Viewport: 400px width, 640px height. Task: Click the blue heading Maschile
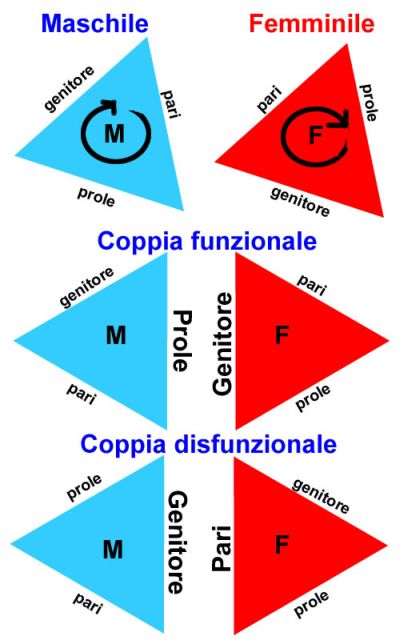click(95, 23)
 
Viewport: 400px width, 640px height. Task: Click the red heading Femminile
click(311, 23)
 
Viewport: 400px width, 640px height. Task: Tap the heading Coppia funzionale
click(207, 242)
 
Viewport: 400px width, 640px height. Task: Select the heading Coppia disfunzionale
click(208, 444)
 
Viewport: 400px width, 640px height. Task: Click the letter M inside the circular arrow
click(114, 133)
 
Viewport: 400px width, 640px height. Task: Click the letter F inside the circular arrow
click(315, 136)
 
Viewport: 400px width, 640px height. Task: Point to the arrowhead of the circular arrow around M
click(111, 105)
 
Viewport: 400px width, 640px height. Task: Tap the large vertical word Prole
click(181, 340)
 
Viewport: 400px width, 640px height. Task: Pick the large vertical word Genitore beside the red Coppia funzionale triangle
click(222, 344)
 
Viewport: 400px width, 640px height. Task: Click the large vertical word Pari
click(222, 548)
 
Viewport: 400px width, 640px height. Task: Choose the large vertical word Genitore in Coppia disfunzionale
click(178, 542)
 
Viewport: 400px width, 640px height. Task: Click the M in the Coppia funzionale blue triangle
click(116, 335)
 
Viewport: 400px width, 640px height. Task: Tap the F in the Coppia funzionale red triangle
click(282, 335)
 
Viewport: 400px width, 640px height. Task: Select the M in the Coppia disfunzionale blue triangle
click(113, 549)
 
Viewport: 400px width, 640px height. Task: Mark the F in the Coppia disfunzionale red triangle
click(282, 544)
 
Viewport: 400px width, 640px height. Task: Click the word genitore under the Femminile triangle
click(300, 202)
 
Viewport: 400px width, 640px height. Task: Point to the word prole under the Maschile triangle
click(96, 196)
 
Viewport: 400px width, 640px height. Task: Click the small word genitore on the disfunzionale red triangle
click(321, 496)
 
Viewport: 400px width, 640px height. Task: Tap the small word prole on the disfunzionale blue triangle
click(84, 487)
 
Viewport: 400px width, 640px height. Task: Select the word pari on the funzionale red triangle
click(312, 285)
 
